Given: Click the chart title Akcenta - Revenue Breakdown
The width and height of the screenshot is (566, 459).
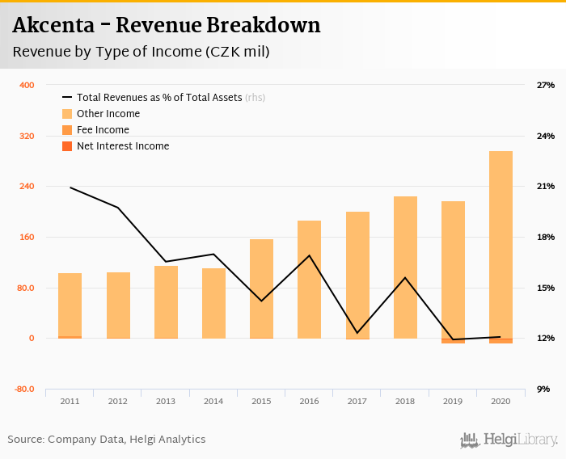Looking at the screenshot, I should coord(166,25).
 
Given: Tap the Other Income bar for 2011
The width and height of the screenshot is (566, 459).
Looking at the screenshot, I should coord(70,305).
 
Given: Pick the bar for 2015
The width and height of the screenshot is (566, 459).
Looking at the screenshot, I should coord(261,288).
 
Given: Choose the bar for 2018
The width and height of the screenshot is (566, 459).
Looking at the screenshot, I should coord(405,267).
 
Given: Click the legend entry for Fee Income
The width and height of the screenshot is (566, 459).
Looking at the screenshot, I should coord(102,130).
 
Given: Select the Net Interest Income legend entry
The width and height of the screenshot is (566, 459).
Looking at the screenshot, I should coord(122,146).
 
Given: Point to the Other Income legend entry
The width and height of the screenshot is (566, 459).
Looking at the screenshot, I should coord(108,114).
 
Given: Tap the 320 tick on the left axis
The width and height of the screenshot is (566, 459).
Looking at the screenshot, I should coord(26,136).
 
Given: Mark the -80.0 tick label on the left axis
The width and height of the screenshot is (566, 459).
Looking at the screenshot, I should coord(23,389).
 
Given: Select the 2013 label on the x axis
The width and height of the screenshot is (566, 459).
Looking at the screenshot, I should coord(166,401).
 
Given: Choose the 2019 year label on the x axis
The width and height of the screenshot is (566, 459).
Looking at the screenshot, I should coord(453,401).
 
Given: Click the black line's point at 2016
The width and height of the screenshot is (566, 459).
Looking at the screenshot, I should coord(309,255).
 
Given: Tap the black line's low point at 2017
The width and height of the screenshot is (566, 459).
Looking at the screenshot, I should coord(357,333).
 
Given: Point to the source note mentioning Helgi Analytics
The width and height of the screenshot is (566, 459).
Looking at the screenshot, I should coord(107,440).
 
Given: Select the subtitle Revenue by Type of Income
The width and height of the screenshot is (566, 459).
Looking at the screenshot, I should coord(141,52).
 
